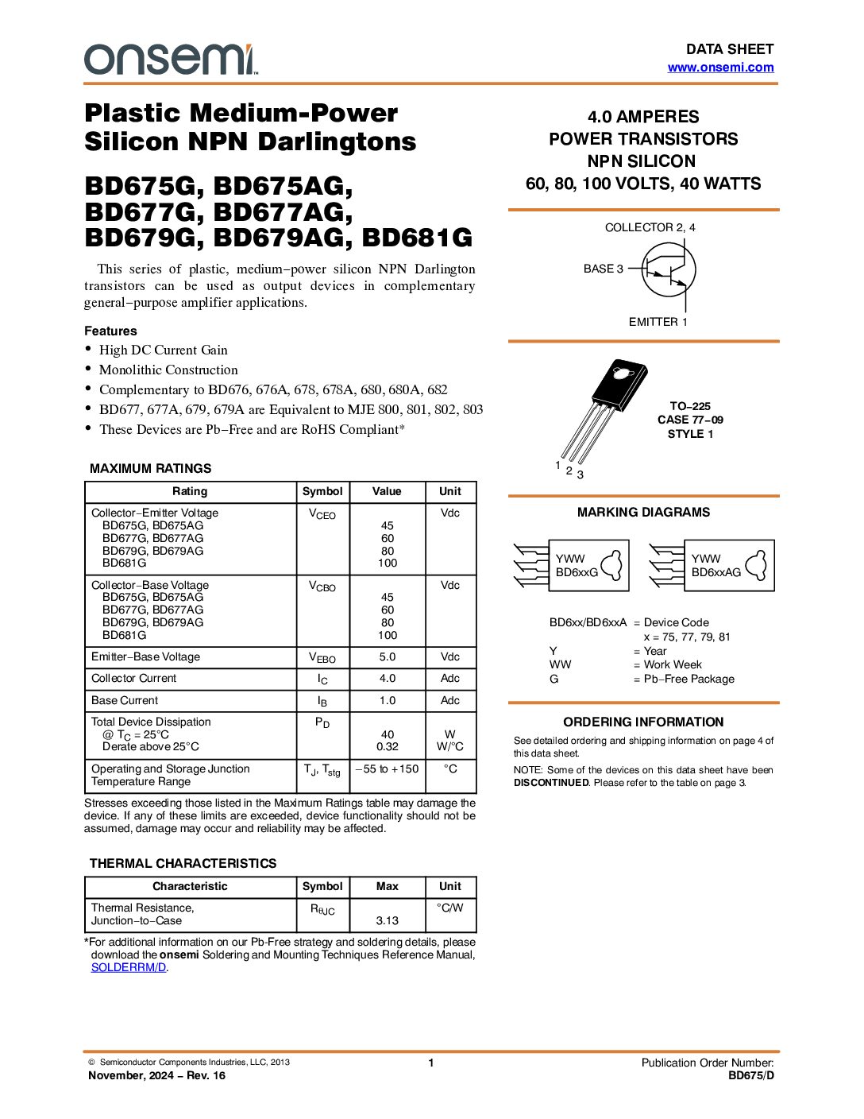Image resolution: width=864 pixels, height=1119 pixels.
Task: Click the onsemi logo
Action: coord(171,60)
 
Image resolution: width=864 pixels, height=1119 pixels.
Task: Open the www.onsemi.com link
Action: coord(720,68)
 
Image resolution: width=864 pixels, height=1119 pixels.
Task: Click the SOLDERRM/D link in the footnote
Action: coord(129,967)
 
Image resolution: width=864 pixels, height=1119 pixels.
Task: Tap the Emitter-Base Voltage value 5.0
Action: coord(387,657)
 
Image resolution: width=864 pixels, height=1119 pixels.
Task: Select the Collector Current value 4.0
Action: coord(387,679)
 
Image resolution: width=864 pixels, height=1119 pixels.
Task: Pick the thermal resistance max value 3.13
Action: coord(387,920)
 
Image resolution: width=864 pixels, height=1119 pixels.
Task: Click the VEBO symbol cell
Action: coord(322,657)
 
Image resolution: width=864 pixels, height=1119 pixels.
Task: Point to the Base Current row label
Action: coord(125,700)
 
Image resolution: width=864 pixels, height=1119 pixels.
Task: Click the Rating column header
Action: coord(190,491)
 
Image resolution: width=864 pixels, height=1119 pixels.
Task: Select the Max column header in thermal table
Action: coord(387,886)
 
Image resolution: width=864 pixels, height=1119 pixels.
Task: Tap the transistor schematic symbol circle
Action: coord(669,270)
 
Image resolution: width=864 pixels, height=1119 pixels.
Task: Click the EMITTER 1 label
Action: coord(658,322)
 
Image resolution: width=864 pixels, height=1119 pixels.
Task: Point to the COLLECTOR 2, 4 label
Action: coord(650,227)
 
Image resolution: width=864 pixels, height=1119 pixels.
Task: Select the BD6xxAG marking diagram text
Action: coord(715,572)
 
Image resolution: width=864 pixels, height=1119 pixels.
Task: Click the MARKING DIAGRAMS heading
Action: coord(643,513)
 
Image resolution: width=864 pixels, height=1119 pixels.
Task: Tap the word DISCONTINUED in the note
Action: coord(551,783)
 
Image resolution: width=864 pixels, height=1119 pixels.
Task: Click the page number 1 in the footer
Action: coord(431,1063)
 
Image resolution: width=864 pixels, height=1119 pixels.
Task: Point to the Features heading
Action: coord(110,331)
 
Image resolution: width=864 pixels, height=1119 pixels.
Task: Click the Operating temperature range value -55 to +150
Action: coord(387,769)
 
